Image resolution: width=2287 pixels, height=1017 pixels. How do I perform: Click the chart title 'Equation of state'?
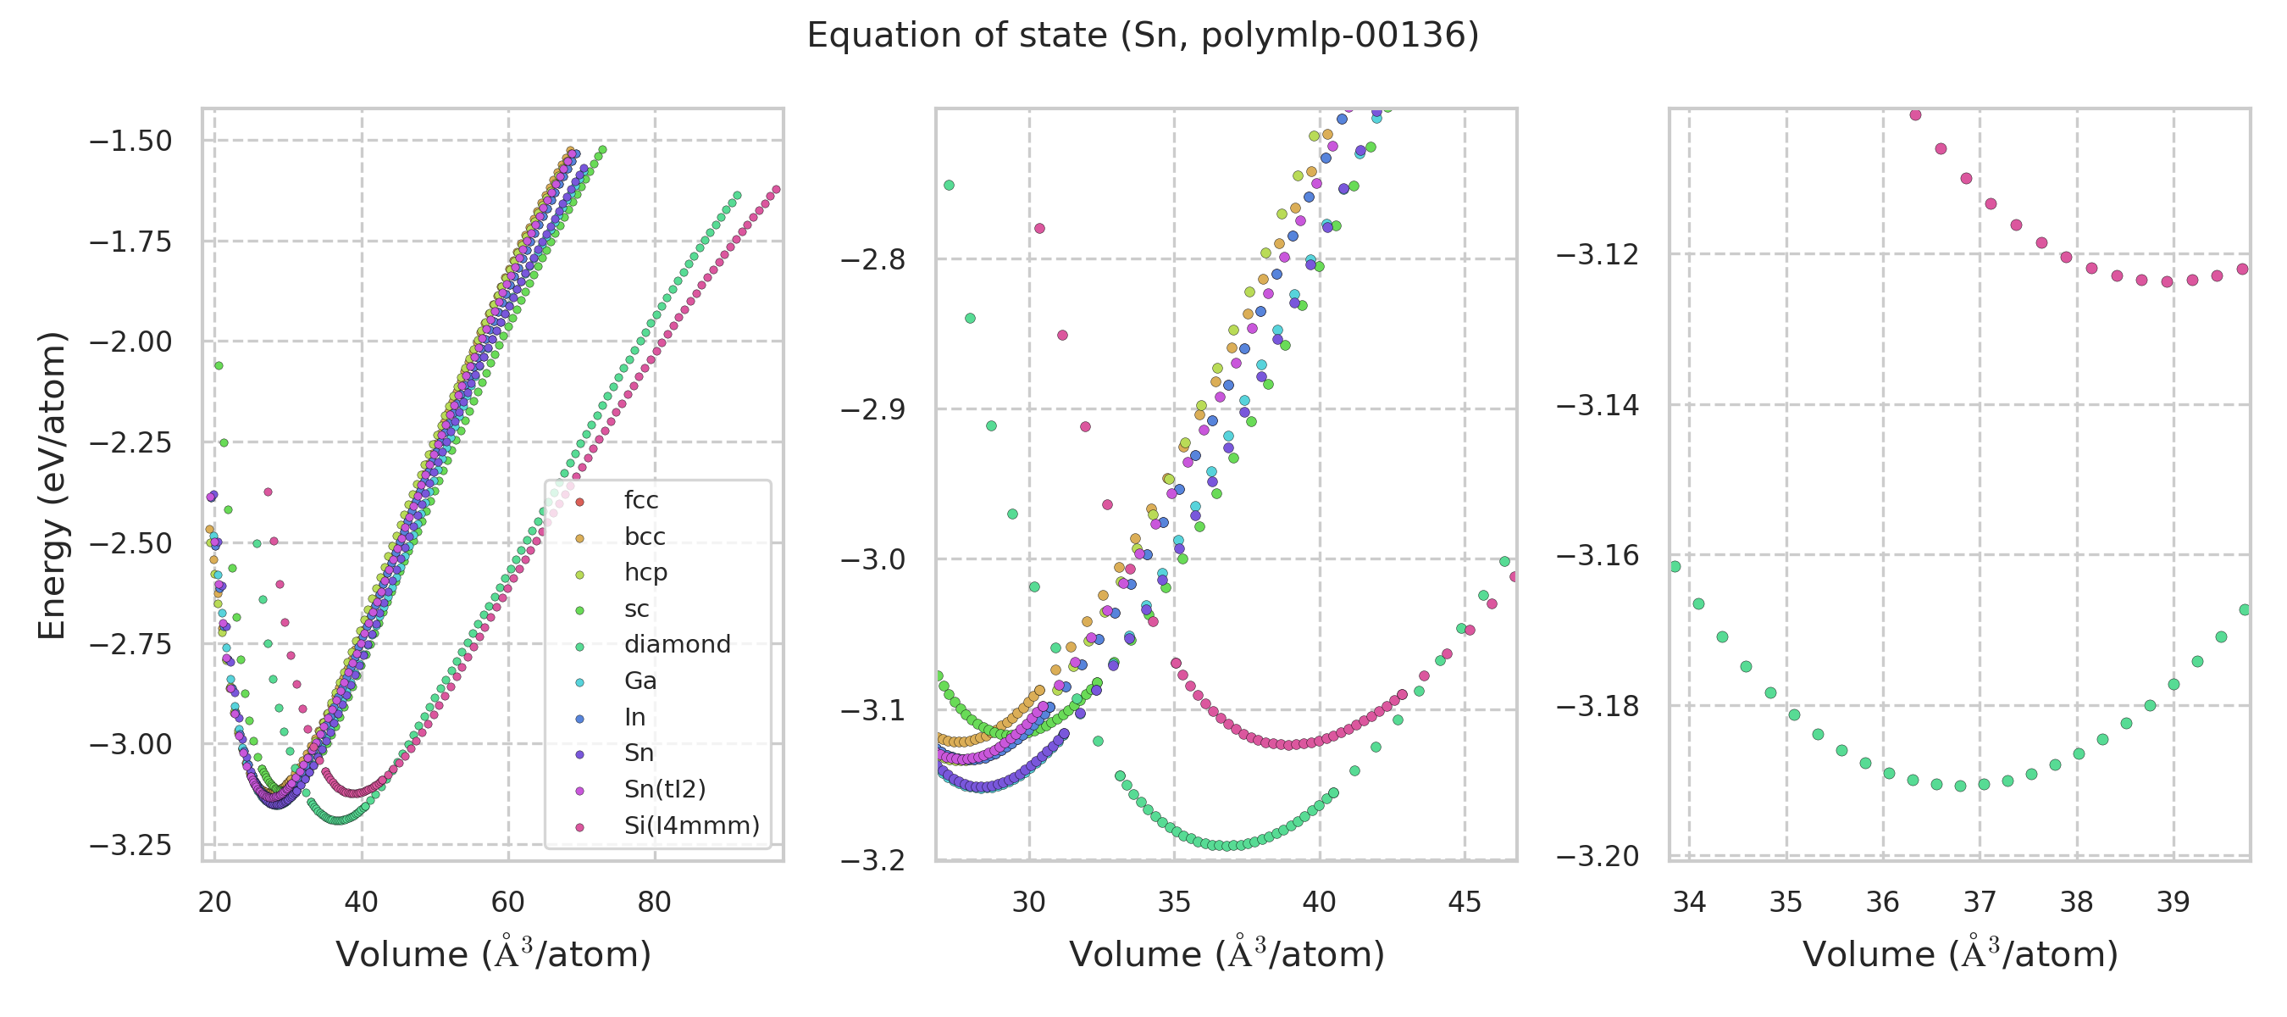coord(1142,36)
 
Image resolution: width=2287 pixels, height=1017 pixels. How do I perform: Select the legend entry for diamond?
coord(677,644)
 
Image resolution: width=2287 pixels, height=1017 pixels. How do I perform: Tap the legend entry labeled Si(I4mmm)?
coord(690,825)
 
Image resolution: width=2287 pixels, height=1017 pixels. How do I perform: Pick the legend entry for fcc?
coord(640,500)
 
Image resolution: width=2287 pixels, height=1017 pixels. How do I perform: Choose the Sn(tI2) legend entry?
coord(664,789)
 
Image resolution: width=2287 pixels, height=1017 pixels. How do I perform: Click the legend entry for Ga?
coord(640,681)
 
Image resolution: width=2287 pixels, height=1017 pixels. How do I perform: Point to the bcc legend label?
coord(644,536)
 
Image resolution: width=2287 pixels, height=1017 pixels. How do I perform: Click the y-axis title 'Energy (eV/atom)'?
coord(53,485)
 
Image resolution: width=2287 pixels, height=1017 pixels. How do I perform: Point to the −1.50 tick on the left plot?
coord(130,141)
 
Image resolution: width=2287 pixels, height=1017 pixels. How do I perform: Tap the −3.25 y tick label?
coord(130,845)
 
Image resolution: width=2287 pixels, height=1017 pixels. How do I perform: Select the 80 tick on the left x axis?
coord(654,903)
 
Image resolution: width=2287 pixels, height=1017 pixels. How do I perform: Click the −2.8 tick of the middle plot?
coord(872,259)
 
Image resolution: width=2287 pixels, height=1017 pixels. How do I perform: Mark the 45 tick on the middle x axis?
coord(1465,903)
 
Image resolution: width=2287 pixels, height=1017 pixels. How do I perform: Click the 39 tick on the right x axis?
coord(2173,903)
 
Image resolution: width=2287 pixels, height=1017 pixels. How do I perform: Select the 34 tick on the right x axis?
coord(1689,903)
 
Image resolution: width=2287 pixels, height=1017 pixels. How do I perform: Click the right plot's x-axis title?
coord(1959,955)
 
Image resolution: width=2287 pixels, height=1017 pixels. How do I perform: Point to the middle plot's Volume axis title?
coord(1226,955)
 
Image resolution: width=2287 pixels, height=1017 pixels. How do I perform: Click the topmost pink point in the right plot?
coord(1915,114)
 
